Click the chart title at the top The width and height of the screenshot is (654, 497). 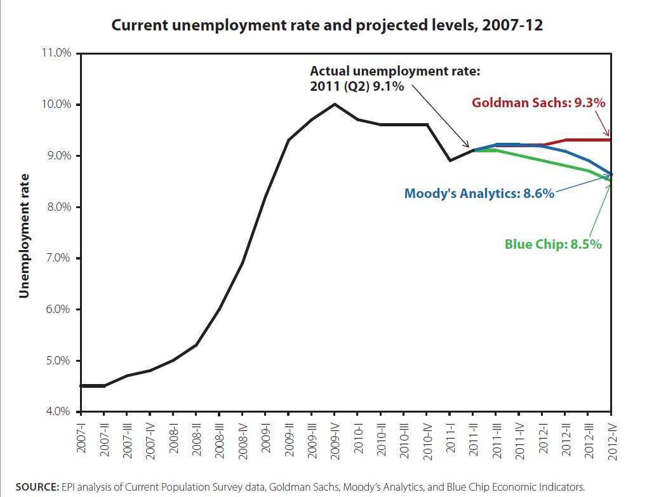326,26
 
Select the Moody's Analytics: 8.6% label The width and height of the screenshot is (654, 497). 479,194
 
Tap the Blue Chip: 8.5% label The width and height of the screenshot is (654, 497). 552,244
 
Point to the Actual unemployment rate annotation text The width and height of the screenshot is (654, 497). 395,79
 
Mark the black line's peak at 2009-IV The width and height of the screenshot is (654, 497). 335,104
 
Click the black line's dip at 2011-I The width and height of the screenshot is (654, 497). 450,161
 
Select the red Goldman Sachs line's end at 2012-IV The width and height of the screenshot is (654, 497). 611,140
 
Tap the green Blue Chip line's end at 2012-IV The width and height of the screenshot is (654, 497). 611,181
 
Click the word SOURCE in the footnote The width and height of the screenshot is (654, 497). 37,487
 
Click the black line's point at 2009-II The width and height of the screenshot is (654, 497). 288,140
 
